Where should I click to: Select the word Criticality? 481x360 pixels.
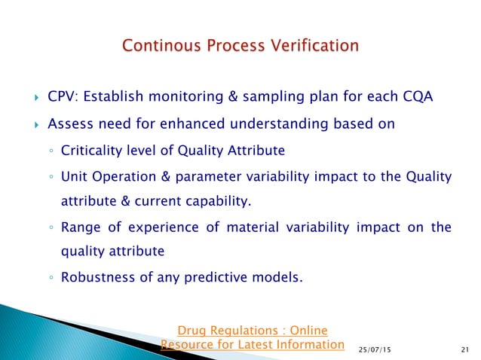pyautogui.click(x=91, y=151)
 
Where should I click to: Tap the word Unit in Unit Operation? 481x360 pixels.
pyautogui.click(x=72, y=177)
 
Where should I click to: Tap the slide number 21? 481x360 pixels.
pyautogui.click(x=464, y=349)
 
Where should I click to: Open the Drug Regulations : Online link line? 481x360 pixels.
pyautogui.click(x=252, y=330)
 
